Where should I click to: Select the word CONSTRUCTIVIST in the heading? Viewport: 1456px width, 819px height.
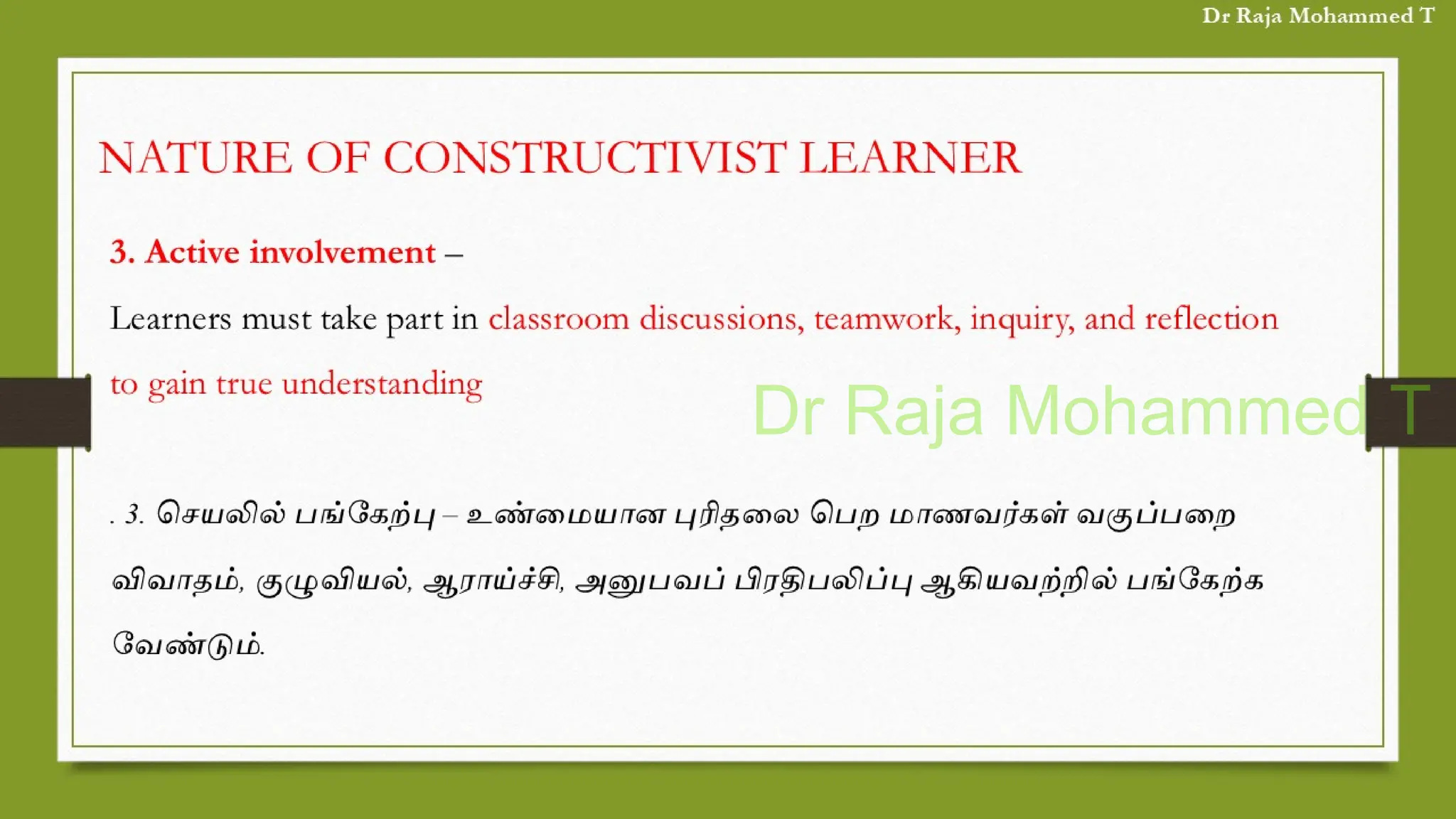(x=584, y=158)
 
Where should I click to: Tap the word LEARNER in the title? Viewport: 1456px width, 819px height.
(x=910, y=158)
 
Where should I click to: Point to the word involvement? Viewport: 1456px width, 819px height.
(x=343, y=252)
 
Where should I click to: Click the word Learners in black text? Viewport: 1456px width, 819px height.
(x=171, y=318)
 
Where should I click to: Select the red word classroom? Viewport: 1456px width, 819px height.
(x=559, y=318)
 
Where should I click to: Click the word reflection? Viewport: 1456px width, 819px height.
(x=1211, y=318)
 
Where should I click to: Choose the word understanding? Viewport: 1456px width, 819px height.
(x=382, y=385)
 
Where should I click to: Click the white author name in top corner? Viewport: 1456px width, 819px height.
(x=1318, y=16)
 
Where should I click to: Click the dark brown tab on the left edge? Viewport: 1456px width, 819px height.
(x=45, y=412)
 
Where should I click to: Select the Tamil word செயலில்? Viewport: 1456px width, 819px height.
(x=221, y=514)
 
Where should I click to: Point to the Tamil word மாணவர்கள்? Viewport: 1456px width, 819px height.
(x=978, y=514)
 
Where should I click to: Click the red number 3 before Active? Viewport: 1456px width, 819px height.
(x=119, y=252)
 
